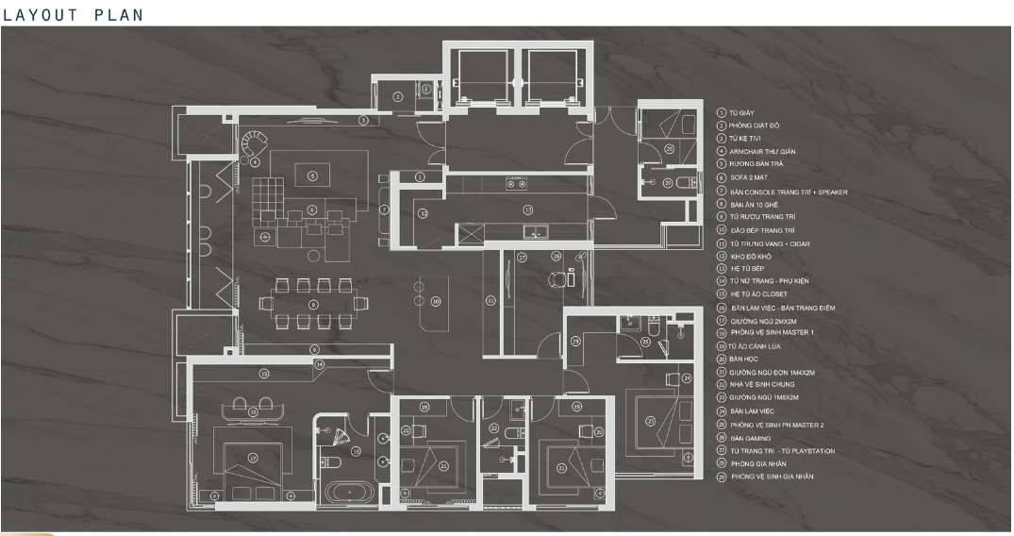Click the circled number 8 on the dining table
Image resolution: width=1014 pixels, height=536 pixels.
[x=313, y=304]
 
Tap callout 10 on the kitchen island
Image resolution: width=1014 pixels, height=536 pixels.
[x=435, y=302]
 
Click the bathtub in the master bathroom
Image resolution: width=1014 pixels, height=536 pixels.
[x=349, y=492]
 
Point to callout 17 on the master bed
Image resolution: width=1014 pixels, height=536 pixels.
[x=253, y=458]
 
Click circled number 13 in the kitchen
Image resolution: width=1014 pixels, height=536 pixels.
[x=528, y=209]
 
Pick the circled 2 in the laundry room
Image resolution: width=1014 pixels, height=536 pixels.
[x=398, y=96]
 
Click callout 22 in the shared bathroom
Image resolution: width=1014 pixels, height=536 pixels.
[x=494, y=428]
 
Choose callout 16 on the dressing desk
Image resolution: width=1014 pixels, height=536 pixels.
[x=253, y=411]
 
